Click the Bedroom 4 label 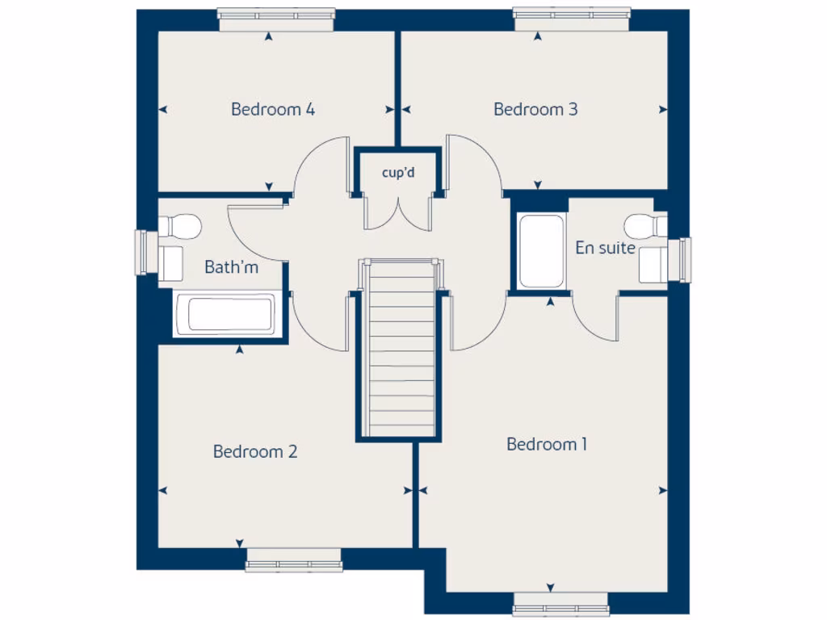tap(272, 109)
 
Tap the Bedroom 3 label tap(535, 109)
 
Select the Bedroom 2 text tap(255, 451)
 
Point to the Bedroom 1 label tap(547, 444)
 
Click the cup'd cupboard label tap(398, 172)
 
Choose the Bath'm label tap(231, 266)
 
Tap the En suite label tap(605, 248)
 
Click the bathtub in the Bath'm tap(225, 314)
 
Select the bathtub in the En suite tap(540, 250)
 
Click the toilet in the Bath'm tap(181, 226)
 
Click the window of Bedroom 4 tap(276, 19)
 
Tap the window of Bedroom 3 tap(572, 19)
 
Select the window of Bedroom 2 tap(293, 559)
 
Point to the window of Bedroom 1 tap(560, 604)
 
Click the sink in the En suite tap(653, 264)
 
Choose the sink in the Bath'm tap(170, 263)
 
